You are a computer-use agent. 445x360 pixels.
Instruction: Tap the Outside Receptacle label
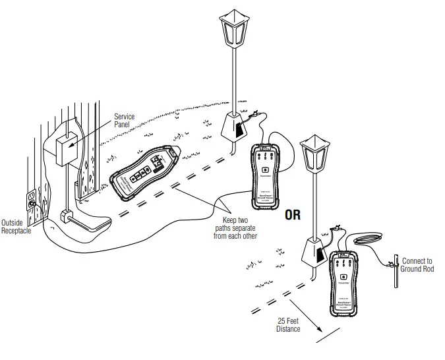(x=16, y=226)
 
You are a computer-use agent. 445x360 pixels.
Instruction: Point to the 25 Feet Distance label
(x=288, y=325)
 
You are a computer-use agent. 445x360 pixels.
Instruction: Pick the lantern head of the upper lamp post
(x=235, y=32)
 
